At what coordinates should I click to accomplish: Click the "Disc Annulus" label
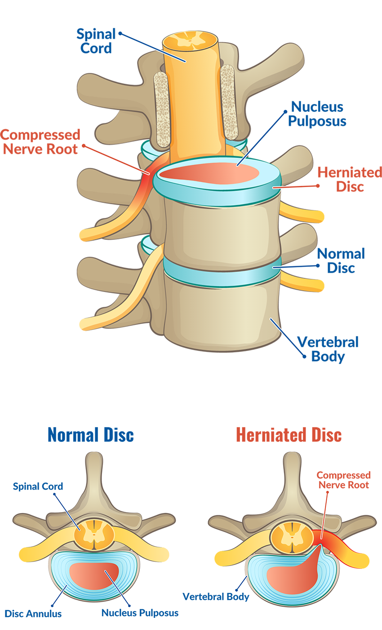click(33, 613)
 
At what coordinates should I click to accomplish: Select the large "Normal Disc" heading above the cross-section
click(90, 435)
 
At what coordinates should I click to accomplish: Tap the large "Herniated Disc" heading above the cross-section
click(289, 435)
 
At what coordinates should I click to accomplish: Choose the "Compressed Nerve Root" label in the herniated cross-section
click(343, 480)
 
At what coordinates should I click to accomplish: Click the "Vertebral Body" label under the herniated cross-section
click(216, 597)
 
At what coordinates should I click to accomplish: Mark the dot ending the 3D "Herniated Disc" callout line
click(317, 185)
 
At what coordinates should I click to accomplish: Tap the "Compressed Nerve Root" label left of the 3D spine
click(40, 141)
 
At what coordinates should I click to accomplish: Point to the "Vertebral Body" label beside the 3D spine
click(335, 349)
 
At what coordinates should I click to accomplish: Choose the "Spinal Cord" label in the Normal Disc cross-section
click(38, 486)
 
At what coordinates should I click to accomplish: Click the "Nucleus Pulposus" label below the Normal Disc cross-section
click(140, 612)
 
